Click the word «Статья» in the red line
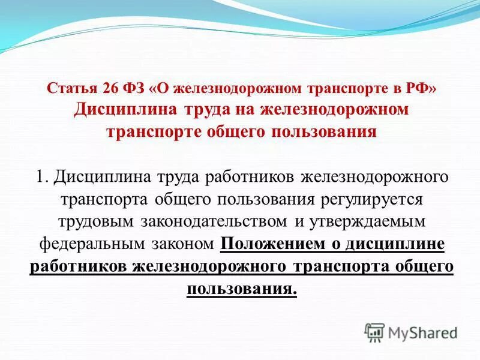68,89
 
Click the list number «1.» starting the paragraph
41,177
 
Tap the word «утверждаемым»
367,221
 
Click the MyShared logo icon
374,332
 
